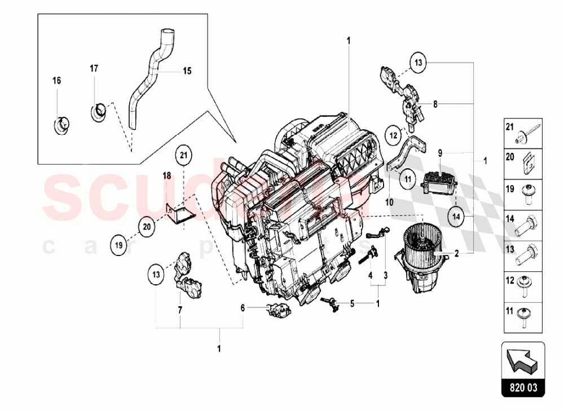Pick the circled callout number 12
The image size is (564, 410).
point(394,135)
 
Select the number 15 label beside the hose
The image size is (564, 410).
point(187,71)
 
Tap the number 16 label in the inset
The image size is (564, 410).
point(56,81)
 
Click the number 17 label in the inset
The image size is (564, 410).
point(94,69)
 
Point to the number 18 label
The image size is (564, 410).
point(167,176)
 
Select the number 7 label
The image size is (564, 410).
point(180,309)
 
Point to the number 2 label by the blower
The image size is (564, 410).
point(456,253)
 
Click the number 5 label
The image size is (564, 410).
point(352,303)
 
